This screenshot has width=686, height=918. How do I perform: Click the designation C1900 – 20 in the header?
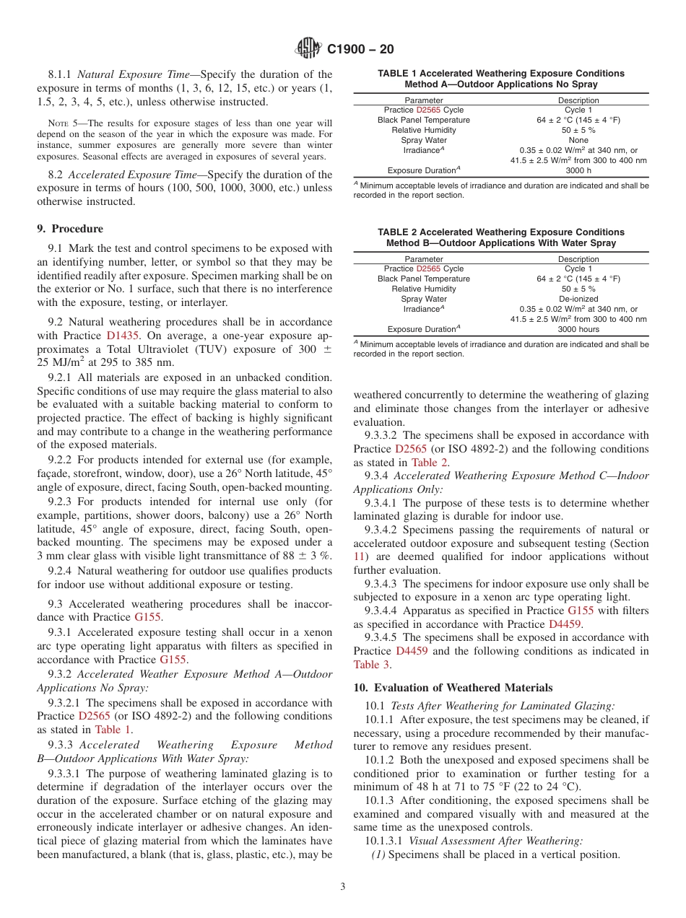[360, 49]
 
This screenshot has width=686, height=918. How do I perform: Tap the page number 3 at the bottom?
[343, 887]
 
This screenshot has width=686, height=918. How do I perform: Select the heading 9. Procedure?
[70, 229]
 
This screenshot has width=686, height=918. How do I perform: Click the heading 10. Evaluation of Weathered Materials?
[453, 687]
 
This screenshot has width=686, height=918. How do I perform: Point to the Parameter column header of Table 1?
[424, 100]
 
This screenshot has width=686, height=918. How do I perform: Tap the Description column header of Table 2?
[578, 259]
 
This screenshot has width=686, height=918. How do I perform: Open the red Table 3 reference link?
[371, 665]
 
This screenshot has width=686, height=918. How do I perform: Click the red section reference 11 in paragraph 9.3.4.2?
[359, 556]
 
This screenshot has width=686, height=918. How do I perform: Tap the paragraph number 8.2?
[56, 175]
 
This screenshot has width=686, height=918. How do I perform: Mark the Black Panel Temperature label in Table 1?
[424, 120]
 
